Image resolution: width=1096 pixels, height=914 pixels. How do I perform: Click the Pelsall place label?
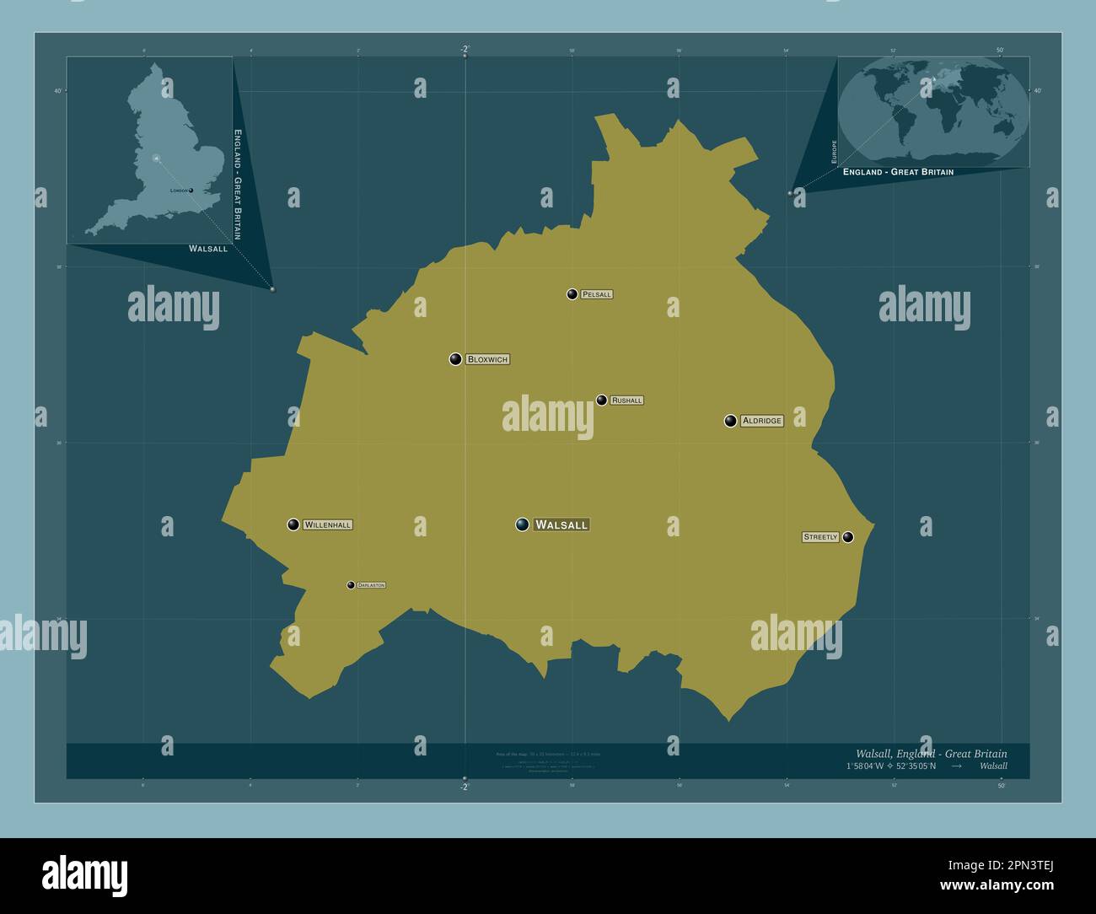coord(596,294)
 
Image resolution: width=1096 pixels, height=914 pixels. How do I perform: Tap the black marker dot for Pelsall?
coord(572,294)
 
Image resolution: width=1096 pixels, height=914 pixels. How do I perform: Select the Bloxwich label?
coord(487,359)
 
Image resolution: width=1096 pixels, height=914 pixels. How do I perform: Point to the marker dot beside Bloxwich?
coord(455,359)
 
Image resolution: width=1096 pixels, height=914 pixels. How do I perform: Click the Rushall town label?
coord(626,401)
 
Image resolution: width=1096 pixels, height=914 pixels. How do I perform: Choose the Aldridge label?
coord(762,421)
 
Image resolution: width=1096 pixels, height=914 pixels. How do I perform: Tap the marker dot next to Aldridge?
coord(730,421)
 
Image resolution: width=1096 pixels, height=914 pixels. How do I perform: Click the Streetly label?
coord(820,537)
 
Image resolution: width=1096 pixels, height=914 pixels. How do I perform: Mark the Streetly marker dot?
coord(848,537)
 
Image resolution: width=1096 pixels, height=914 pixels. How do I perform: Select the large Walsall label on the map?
coord(561,524)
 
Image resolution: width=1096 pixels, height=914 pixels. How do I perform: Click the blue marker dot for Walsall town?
coord(523,524)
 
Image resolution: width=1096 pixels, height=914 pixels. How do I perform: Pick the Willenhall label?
coord(327,524)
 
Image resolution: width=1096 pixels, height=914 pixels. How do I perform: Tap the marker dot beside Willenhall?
coord(293,524)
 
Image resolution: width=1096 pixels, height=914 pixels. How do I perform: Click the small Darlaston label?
coord(371,585)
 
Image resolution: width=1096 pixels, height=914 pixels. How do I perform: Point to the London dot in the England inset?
coord(191,191)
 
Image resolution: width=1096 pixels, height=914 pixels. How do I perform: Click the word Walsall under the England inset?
coord(208,249)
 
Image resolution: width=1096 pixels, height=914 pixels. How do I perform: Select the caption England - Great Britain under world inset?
coord(898,172)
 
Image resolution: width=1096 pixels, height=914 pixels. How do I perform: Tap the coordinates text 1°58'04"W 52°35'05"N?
coord(890,766)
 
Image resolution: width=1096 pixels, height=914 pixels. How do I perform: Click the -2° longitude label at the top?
coord(465,50)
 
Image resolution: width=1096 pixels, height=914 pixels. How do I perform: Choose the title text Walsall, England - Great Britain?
coord(931,754)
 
